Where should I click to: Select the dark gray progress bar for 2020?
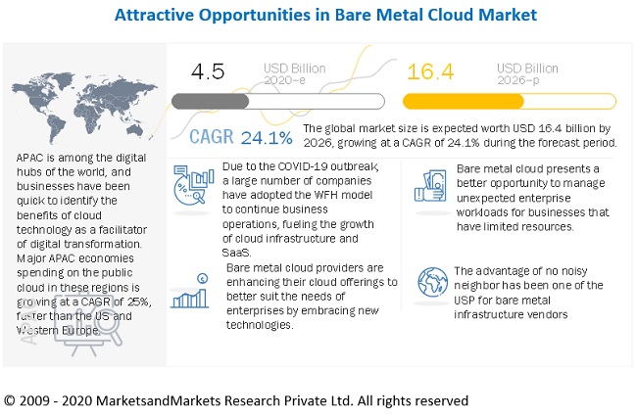point(210,101)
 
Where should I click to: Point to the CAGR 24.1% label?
point(240,136)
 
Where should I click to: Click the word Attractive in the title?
point(156,16)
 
